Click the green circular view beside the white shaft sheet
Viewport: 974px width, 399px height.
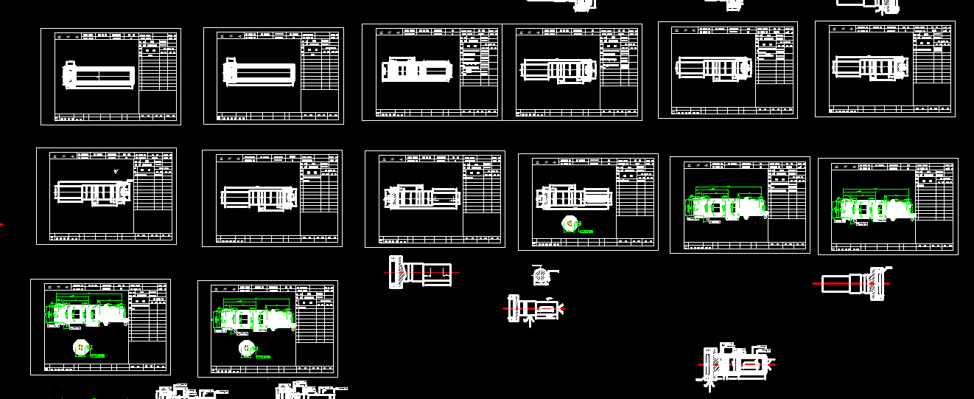tap(570, 223)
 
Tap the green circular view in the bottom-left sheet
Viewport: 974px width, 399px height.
tap(80, 346)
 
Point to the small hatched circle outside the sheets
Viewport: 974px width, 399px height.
tap(541, 277)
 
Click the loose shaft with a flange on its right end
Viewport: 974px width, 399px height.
tap(855, 283)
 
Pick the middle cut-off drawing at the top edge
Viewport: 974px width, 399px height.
tap(729, 4)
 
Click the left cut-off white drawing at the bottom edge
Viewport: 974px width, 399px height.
tap(184, 392)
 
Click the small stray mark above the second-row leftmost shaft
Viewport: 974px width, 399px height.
tap(116, 171)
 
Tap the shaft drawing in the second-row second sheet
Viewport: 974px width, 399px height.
tap(259, 197)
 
